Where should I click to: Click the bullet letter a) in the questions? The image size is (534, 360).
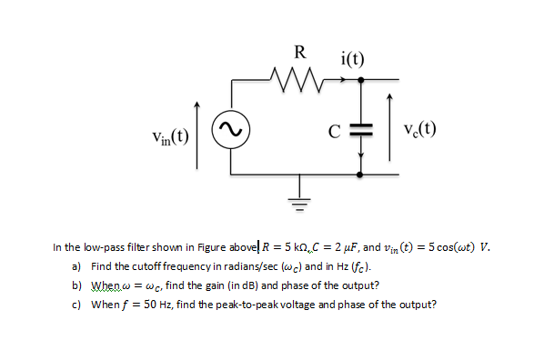(76, 266)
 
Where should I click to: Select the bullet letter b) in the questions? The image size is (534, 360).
(76, 285)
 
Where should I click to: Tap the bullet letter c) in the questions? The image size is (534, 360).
(76, 304)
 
